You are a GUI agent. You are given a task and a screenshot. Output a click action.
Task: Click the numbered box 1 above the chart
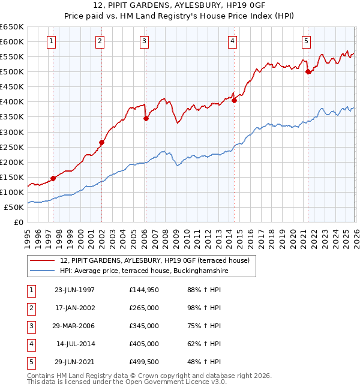52,41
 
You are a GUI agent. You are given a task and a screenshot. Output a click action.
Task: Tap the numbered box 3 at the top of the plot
145,41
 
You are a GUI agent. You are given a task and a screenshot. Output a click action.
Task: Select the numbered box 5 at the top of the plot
306,41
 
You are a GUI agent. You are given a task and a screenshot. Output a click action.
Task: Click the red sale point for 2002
101,142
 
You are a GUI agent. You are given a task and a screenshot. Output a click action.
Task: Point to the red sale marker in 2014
234,100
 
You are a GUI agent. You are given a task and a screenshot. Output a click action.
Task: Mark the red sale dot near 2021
308,72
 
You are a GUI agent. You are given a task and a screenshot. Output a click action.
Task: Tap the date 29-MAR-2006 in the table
74,326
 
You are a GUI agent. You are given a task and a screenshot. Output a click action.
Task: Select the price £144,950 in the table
143,290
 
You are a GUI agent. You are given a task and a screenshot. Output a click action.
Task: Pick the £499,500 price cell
143,362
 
